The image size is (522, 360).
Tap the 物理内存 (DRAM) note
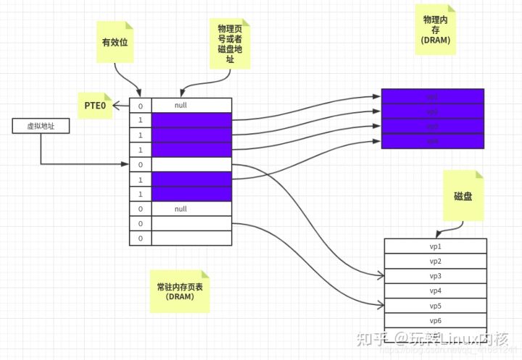pos(436,30)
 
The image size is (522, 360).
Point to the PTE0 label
pos(94,106)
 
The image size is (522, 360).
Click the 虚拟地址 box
pos(41,126)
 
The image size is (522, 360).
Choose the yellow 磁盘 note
pos(463,196)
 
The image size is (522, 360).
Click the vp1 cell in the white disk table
pos(435,246)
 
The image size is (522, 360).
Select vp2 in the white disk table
pos(435,261)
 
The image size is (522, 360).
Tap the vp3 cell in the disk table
pos(435,276)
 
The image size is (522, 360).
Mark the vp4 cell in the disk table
pos(435,290)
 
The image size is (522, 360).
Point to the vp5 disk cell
pos(435,306)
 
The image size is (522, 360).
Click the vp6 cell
pos(435,320)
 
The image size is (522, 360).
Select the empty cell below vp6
pos(435,335)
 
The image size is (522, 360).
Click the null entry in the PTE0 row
pos(181,106)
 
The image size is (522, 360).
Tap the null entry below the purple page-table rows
pos(181,209)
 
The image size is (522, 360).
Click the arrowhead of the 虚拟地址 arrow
pos(125,164)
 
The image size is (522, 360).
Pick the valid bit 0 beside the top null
pos(140,106)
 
